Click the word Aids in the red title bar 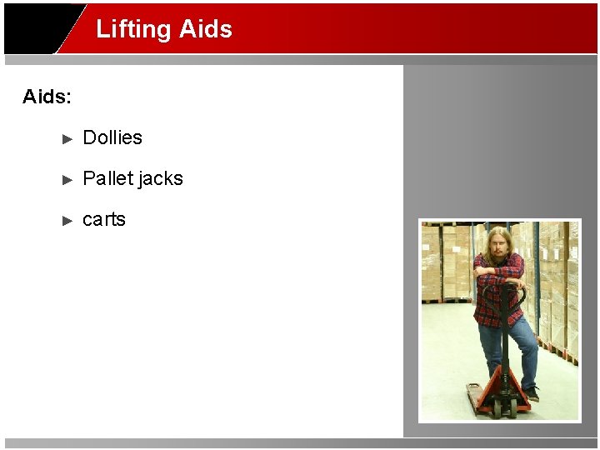click(x=205, y=29)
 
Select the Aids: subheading click(x=47, y=97)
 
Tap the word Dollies click(x=112, y=137)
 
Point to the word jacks click(x=161, y=178)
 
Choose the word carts click(x=104, y=219)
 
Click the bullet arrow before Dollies click(x=68, y=138)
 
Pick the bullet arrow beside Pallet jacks click(x=68, y=179)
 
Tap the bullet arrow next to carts click(x=68, y=220)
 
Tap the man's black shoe click(x=531, y=392)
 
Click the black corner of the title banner click(x=37, y=29)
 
